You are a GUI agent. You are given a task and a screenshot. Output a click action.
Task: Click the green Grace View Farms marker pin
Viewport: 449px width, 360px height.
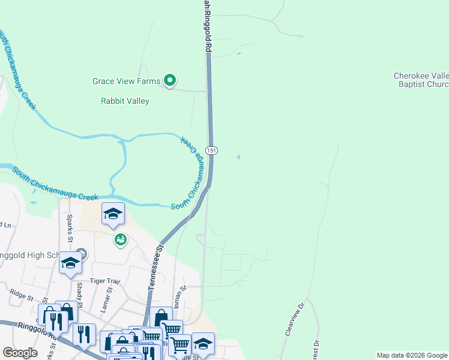coord(170,80)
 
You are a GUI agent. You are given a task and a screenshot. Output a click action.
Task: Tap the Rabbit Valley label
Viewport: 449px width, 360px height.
coord(125,101)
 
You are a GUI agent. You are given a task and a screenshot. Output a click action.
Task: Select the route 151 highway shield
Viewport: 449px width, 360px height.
coord(211,149)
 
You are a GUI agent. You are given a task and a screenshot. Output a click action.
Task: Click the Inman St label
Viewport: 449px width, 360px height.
coord(178,297)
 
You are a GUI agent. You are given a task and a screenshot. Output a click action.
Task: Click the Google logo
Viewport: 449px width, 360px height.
coord(20,353)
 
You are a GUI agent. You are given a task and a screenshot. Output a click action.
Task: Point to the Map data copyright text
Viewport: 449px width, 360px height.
coord(411,355)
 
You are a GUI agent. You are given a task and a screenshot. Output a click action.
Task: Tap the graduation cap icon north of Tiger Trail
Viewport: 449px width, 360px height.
coord(113,214)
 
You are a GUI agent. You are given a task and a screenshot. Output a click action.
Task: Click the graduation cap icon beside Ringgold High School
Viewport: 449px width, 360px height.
coord(71,263)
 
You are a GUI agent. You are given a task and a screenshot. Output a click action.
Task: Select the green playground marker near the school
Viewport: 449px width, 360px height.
coord(121,240)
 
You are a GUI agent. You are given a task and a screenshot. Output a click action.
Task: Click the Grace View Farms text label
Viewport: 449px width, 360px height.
coord(126,81)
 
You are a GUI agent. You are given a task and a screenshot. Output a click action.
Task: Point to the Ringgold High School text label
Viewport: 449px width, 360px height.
coord(30,256)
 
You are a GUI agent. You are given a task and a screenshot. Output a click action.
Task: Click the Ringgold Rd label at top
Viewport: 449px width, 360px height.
coord(208,27)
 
